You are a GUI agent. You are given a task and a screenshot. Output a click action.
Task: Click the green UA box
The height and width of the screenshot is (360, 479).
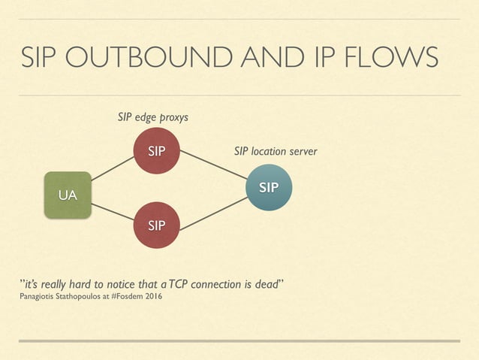[x=68, y=195]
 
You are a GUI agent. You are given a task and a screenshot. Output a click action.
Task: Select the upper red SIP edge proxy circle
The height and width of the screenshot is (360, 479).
[x=156, y=151]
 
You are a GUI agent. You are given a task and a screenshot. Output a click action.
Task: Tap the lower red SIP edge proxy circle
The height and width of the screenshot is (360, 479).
[x=156, y=224]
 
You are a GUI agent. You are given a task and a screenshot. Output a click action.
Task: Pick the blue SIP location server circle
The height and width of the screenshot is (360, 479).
[x=268, y=187]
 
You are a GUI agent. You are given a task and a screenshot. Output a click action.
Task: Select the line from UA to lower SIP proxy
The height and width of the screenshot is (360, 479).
[x=113, y=211]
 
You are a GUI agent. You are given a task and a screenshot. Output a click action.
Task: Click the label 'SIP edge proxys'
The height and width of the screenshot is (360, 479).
[x=153, y=117]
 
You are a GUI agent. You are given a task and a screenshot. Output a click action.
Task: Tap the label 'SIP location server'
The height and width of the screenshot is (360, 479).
[x=276, y=152]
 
